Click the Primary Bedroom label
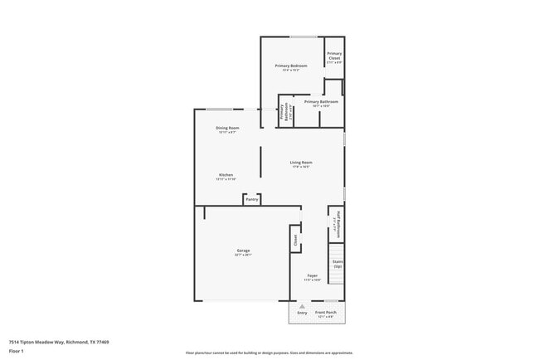pos(290,66)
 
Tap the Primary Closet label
pos(333,56)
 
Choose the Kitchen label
pos(226,174)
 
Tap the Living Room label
pos(300,162)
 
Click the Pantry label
pos(252,199)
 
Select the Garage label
pos(243,250)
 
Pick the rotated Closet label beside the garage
pos(294,240)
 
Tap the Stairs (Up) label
pos(337,263)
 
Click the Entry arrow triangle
pos(303,306)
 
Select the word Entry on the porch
pos(303,313)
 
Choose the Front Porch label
pos(325,313)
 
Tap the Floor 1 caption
pos(16,351)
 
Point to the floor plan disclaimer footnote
pos(269,352)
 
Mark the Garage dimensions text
pos(243,255)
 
